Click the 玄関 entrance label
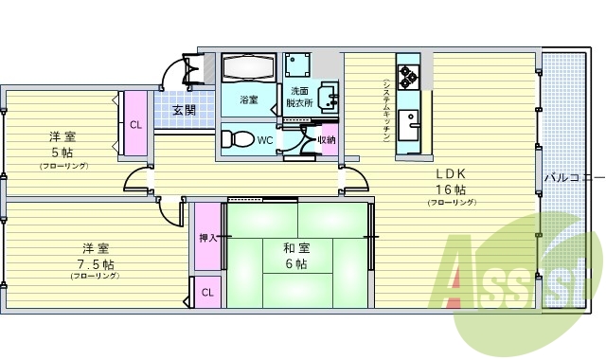point(185,110)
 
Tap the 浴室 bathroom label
point(249,99)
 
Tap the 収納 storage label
point(326,140)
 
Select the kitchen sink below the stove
point(410,121)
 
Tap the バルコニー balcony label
point(574,177)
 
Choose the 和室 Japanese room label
point(296,248)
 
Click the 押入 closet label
point(207,238)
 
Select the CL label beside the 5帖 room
point(135,124)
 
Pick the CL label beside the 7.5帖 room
point(207,293)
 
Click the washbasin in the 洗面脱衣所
point(330,97)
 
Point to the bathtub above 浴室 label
point(248,69)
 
